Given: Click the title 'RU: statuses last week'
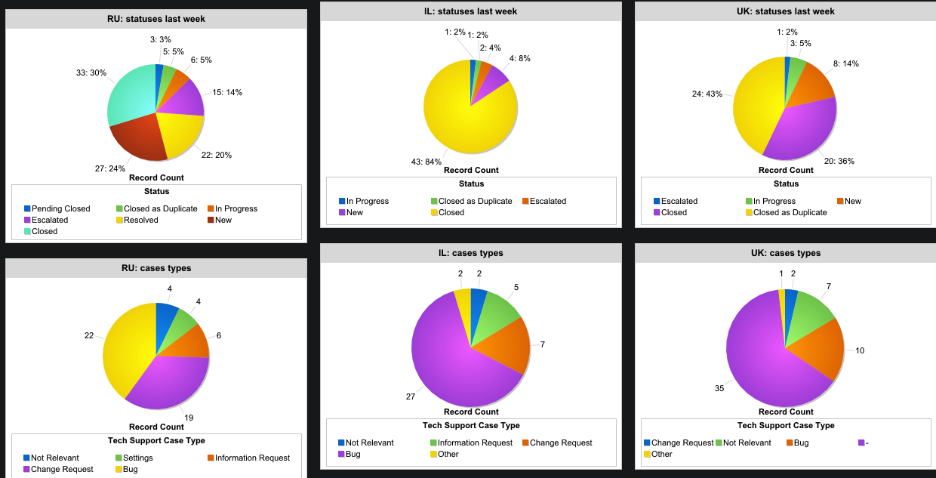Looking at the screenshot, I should tap(155, 19).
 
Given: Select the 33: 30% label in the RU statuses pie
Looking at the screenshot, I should tap(91, 73).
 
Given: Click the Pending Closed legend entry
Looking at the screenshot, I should tap(60, 208).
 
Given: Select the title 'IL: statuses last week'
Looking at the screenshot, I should tap(470, 11).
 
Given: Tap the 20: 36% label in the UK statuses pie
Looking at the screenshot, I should tap(839, 161).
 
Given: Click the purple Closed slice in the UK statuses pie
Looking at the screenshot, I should tap(800, 132).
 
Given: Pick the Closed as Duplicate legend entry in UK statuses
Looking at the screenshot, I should tap(790, 212).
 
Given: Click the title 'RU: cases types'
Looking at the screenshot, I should tap(155, 268).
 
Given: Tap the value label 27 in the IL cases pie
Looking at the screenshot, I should tap(411, 396).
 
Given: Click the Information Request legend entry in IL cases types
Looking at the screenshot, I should tap(475, 443).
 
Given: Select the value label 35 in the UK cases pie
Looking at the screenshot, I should tap(719, 388).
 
